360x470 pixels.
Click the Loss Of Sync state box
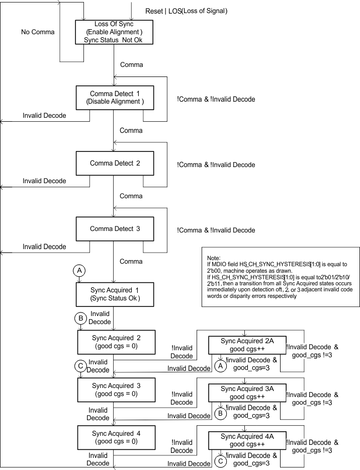[113, 32]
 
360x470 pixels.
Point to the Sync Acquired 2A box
[247, 345]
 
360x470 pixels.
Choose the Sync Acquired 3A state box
[247, 393]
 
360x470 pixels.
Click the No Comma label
[37, 32]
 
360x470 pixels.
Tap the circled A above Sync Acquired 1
[78, 271]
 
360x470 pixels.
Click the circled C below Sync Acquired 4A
[220, 460]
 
